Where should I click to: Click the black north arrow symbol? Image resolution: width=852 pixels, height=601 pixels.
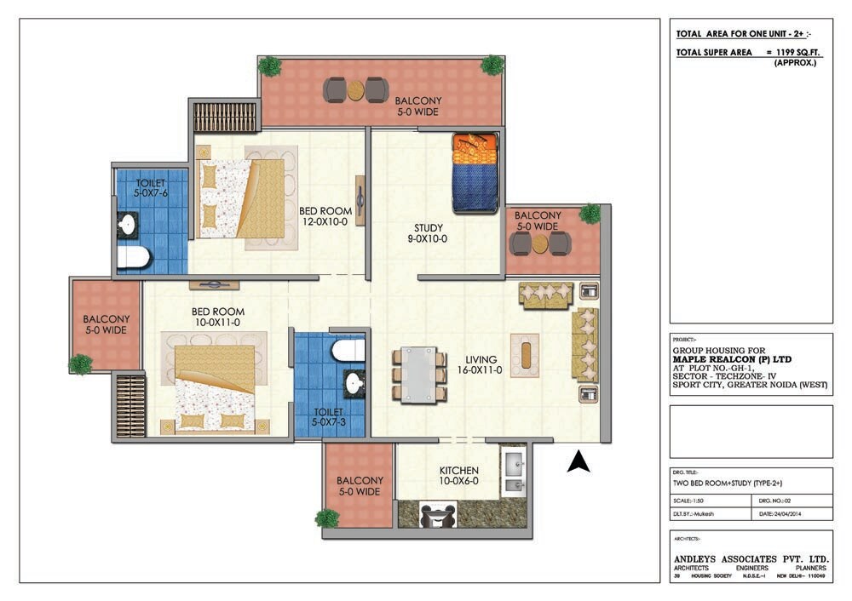click(x=579, y=461)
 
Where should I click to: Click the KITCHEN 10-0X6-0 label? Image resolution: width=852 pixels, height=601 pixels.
click(x=458, y=476)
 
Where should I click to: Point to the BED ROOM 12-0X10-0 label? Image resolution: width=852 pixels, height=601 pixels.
click(x=325, y=216)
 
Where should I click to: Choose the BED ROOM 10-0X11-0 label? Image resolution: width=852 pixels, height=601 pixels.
click(x=218, y=318)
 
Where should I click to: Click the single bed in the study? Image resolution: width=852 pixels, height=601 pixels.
click(x=475, y=173)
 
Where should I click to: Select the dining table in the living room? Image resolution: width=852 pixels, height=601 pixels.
click(x=417, y=374)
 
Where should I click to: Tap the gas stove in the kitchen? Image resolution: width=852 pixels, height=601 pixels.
click(x=439, y=515)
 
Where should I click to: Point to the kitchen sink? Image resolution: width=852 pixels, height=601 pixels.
click(x=515, y=474)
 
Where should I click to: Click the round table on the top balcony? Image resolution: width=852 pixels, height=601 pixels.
click(x=356, y=89)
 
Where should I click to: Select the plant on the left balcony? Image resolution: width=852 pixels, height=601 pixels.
click(x=80, y=364)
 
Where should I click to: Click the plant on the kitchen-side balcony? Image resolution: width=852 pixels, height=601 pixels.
click(x=327, y=518)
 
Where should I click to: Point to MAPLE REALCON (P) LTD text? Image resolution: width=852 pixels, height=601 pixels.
click(x=733, y=359)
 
